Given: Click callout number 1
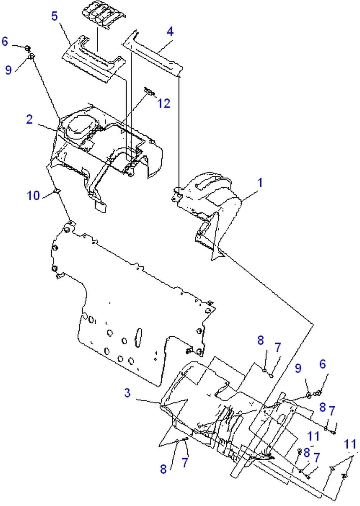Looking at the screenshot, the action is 260,183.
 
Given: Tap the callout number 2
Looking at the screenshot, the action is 30,119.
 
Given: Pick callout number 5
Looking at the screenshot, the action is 54,16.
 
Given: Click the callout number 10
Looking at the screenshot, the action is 33,195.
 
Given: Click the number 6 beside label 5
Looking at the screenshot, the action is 5,41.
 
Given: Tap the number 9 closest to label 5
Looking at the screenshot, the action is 8,70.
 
